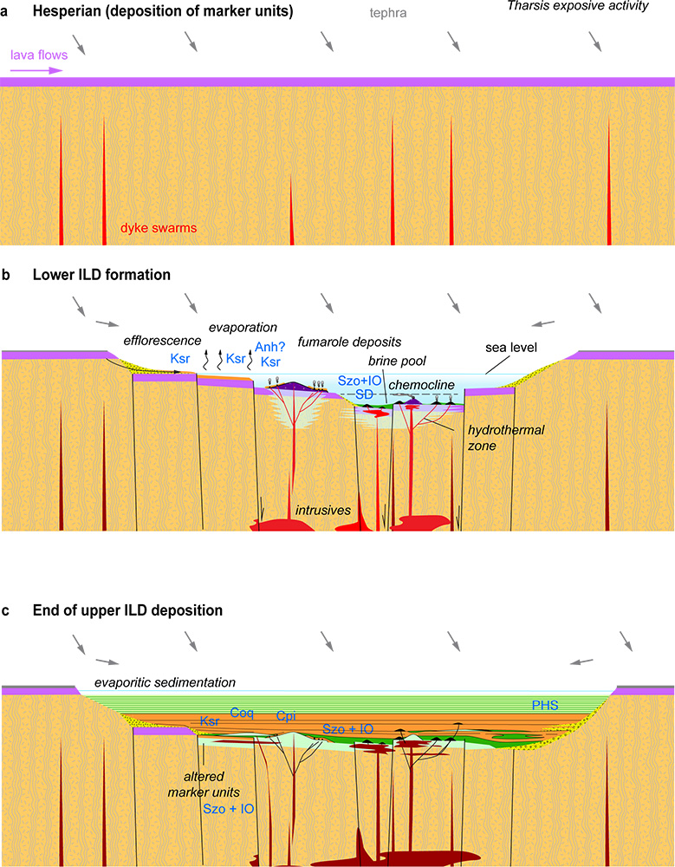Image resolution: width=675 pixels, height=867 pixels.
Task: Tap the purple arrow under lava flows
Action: point(36,70)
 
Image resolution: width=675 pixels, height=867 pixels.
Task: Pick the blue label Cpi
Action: point(287,717)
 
